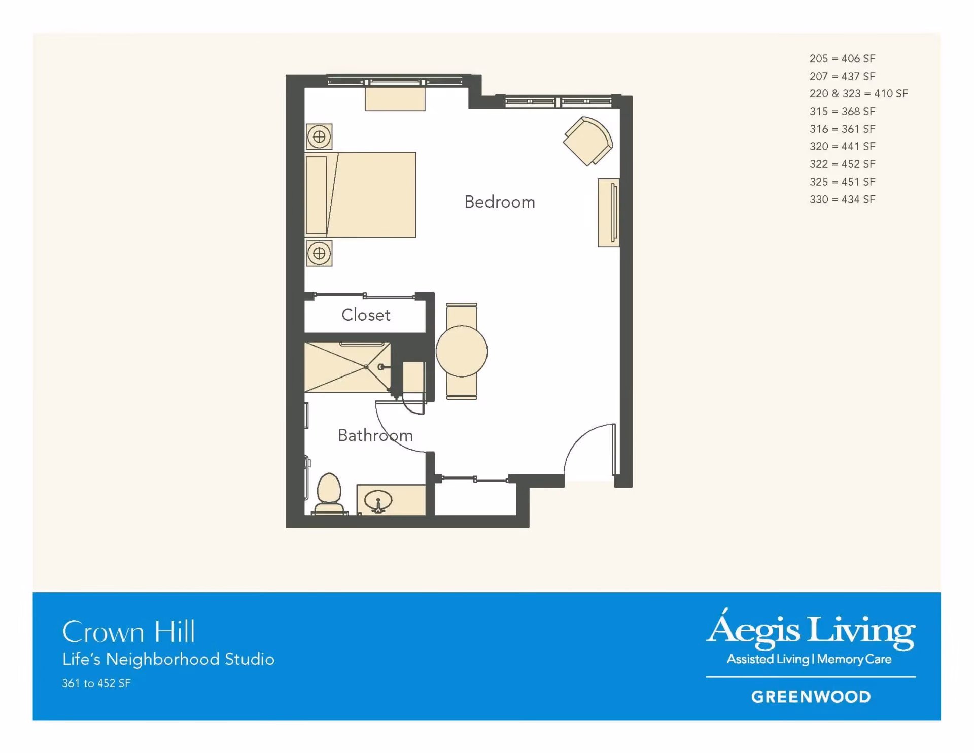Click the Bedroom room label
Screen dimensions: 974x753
pos(500,202)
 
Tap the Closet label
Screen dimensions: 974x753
pos(366,315)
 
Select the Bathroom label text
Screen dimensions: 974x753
pos(375,435)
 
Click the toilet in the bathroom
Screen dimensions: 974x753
pos(329,494)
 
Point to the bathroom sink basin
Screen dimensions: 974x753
pos(378,500)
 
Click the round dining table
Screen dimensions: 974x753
pos(462,351)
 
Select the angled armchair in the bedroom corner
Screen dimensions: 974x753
pos(588,141)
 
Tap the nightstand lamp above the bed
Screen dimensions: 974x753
pos(319,136)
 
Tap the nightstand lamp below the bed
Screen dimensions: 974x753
pos(319,253)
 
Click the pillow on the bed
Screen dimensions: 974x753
pos(317,195)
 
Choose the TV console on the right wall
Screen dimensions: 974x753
pos(608,213)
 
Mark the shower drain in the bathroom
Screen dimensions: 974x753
pos(366,367)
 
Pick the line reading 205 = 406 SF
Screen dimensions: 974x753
pos(842,58)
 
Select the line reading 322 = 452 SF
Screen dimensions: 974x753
pos(842,164)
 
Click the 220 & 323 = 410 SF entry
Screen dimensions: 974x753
pos(858,93)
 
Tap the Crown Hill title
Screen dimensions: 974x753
pos(128,632)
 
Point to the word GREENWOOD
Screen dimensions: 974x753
pos(811,697)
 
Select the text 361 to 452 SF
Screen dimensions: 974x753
pos(96,683)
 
